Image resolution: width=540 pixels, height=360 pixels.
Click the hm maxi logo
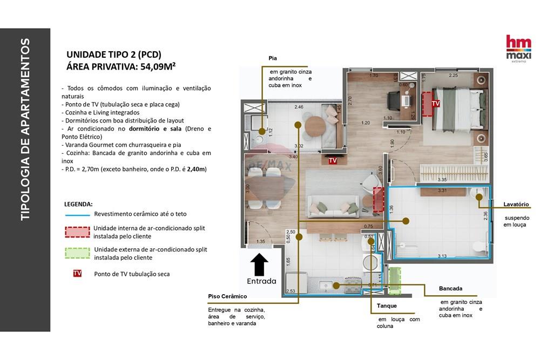(518, 49)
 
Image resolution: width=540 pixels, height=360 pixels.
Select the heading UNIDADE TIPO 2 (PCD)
(113, 54)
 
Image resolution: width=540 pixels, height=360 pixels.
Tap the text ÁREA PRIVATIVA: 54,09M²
(121, 67)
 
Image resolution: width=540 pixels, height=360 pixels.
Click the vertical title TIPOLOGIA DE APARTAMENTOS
(25, 129)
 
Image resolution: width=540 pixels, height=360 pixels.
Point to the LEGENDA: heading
(78, 205)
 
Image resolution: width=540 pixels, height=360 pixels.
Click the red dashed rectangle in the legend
(77, 232)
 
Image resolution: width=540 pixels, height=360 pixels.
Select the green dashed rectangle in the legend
(77, 253)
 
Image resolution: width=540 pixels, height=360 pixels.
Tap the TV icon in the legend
(77, 274)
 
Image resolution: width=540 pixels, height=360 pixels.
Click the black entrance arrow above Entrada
(260, 264)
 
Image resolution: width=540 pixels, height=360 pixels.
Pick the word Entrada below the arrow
(261, 281)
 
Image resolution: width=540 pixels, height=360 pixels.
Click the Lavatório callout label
(516, 204)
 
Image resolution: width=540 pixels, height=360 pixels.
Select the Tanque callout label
(387, 305)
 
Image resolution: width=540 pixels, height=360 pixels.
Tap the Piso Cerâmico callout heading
(227, 296)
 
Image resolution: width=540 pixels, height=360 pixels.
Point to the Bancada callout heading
(450, 289)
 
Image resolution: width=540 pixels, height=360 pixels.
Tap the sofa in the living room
(333, 206)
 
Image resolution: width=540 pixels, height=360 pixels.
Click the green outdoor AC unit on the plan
(395, 280)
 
